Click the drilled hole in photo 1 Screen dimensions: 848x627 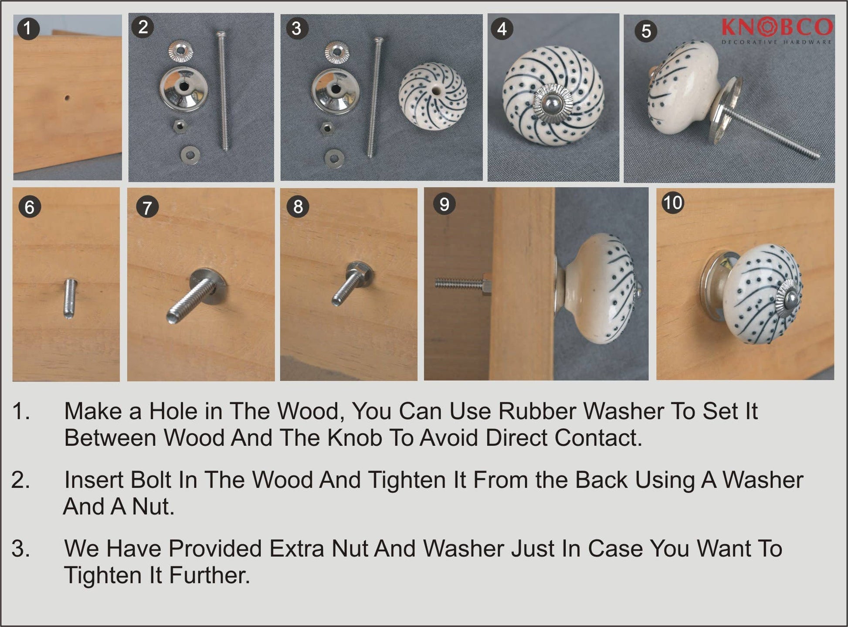click(67, 98)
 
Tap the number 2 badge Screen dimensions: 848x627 click(142, 27)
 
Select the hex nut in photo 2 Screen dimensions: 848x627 click(179, 126)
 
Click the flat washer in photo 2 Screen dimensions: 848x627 click(190, 153)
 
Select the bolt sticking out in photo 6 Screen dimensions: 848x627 click(70, 298)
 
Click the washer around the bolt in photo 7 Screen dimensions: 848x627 click(209, 286)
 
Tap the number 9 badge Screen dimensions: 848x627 click(444, 204)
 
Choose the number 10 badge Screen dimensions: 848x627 click(672, 203)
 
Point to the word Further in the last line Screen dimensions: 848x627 click(210, 575)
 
